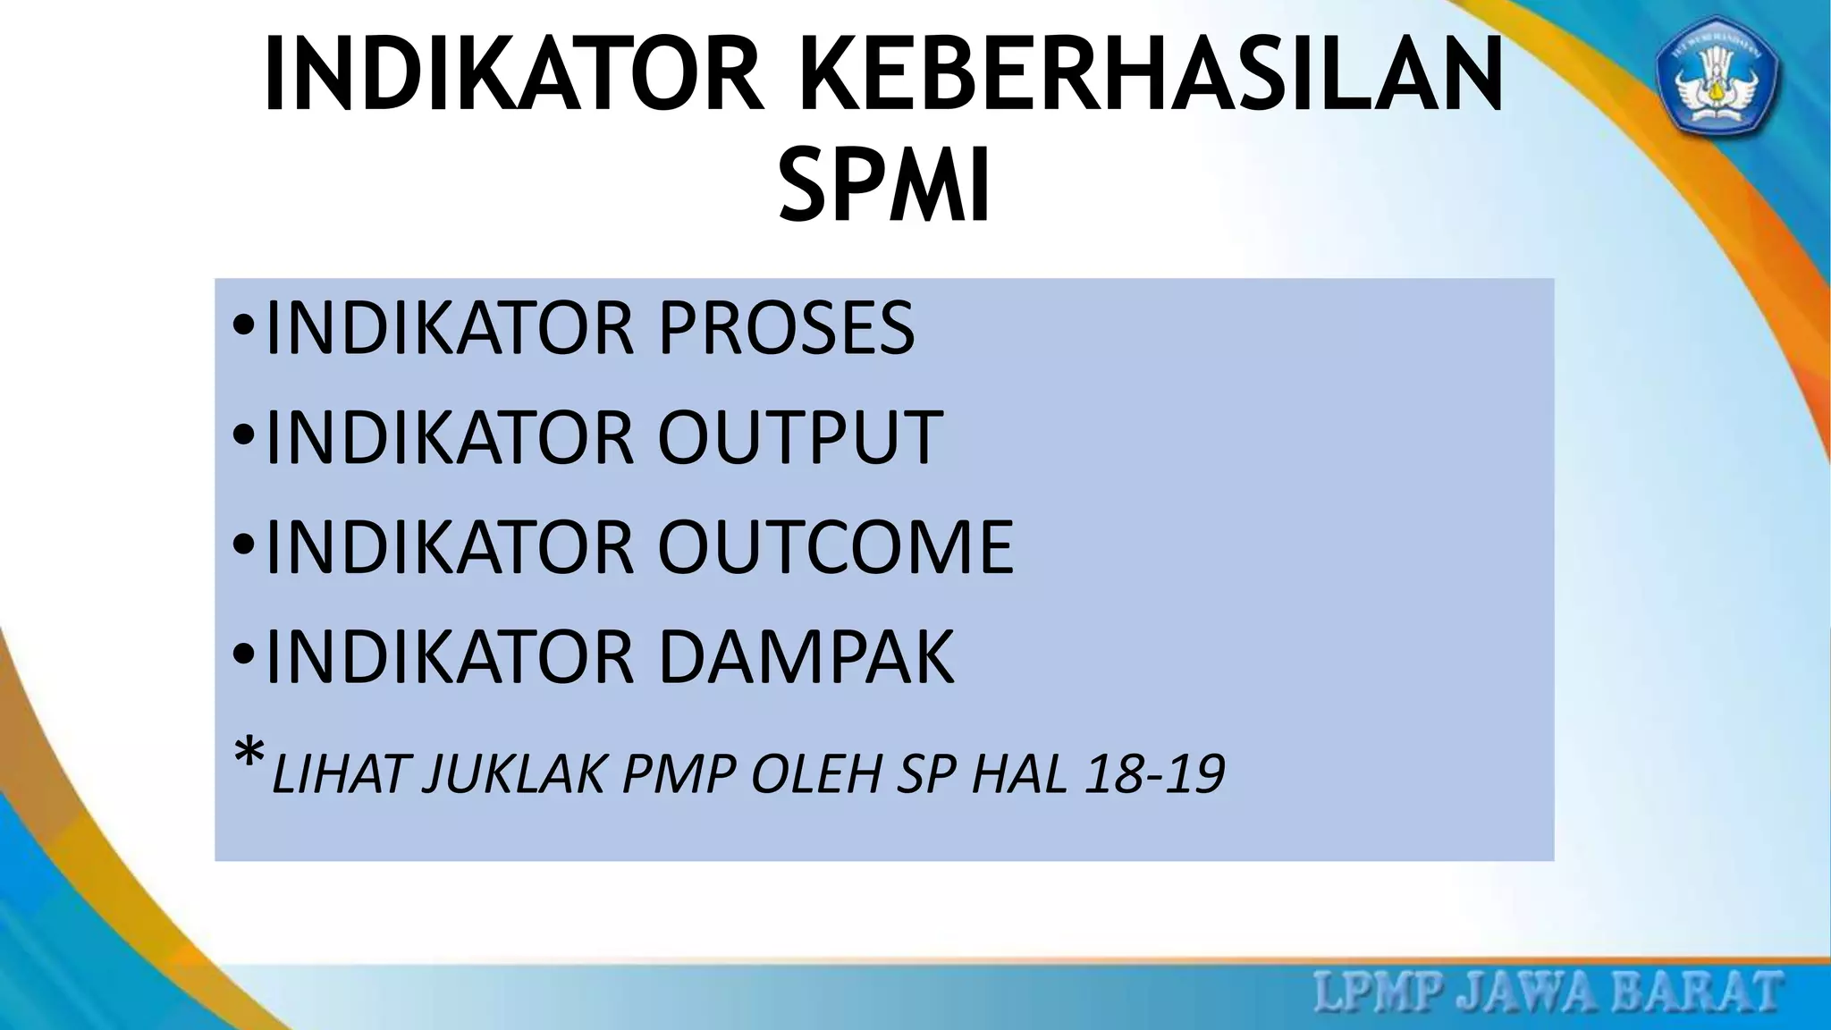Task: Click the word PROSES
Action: coord(787,328)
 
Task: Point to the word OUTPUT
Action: coord(800,437)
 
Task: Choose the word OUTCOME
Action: coord(836,546)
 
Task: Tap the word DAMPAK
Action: coord(806,657)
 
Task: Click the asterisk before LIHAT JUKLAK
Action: coord(249,756)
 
